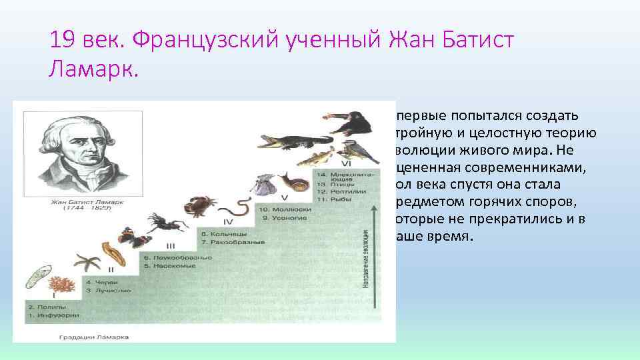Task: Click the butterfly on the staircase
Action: pos(127,237)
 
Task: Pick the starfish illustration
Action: pos(87,263)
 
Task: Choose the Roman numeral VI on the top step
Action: pos(346,163)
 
